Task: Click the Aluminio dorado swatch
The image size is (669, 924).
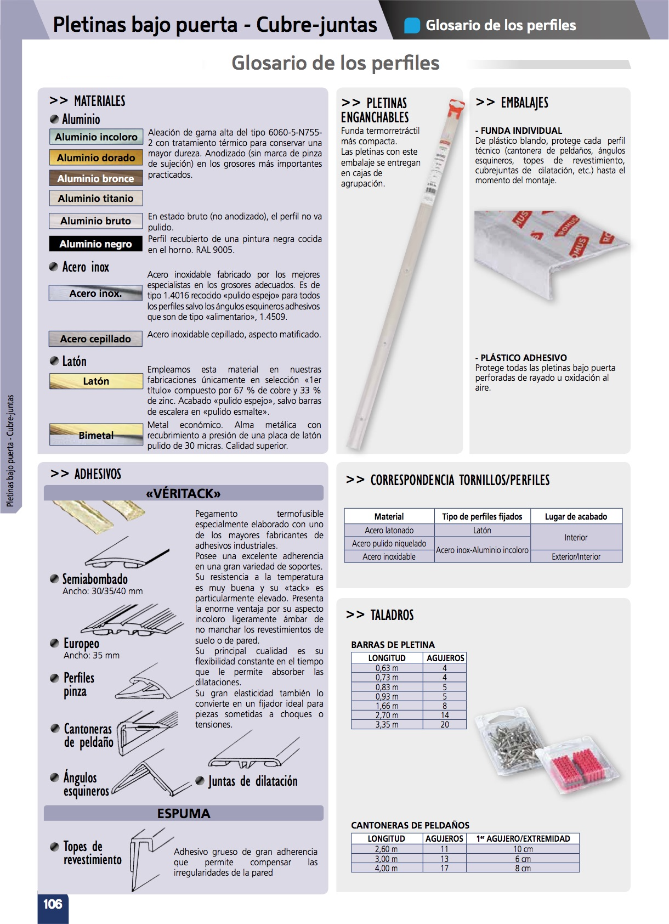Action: click(x=96, y=158)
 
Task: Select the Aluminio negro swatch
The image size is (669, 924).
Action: click(x=96, y=244)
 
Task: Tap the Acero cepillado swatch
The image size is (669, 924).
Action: click(x=96, y=339)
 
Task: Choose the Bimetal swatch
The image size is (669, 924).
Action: click(x=96, y=435)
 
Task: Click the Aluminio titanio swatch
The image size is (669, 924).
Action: click(x=96, y=199)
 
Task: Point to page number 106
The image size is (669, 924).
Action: click(x=53, y=904)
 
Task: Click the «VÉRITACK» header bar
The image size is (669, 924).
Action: click(x=183, y=493)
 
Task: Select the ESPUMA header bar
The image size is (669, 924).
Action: click(x=183, y=813)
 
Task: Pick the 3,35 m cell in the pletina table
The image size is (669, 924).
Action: click(x=387, y=724)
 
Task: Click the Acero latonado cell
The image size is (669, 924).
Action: click(x=389, y=531)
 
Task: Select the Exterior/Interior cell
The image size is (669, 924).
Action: click(x=576, y=556)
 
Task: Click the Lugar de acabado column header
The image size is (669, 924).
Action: click(x=576, y=516)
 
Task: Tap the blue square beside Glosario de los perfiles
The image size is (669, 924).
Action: click(x=412, y=25)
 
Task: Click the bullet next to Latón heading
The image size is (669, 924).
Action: click(x=54, y=361)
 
